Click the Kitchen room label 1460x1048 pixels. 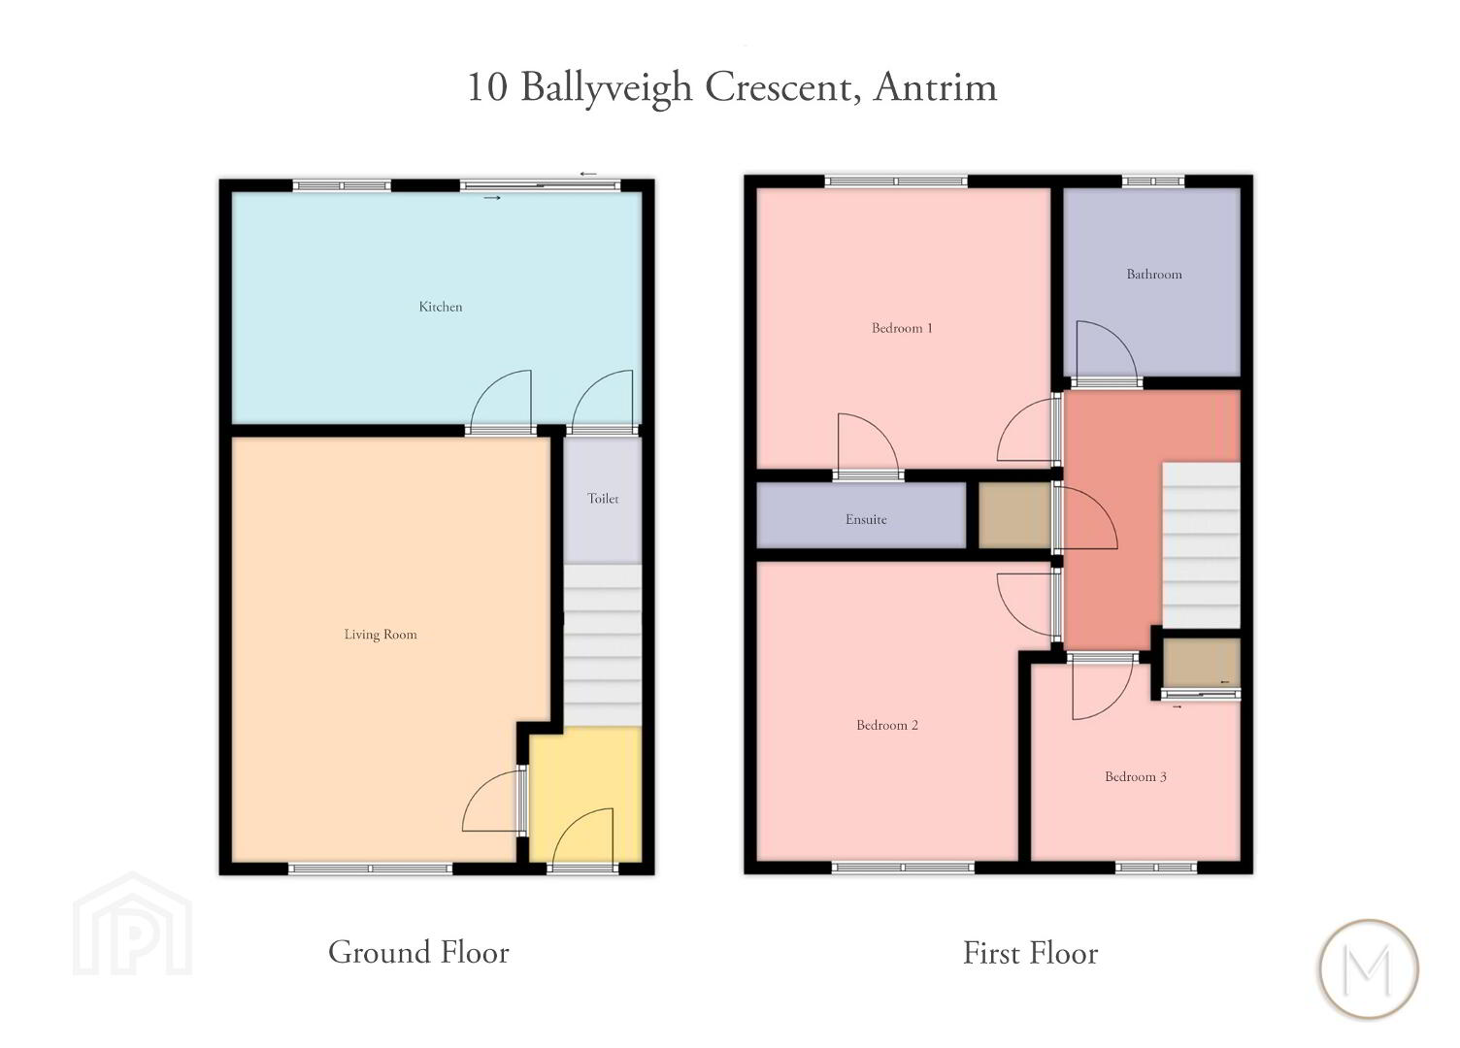(x=441, y=307)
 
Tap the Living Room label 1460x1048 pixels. (x=381, y=635)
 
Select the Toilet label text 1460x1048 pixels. (x=603, y=498)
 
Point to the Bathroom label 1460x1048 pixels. (x=1154, y=275)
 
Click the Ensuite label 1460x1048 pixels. (x=866, y=519)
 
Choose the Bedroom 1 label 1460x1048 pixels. (x=902, y=328)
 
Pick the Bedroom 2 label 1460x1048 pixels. (x=887, y=725)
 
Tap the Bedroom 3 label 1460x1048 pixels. (x=1136, y=776)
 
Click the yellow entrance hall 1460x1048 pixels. (x=585, y=795)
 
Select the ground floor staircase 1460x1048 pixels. (x=602, y=645)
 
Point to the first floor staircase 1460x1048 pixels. (x=1201, y=545)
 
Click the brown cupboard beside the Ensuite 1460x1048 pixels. (x=1014, y=515)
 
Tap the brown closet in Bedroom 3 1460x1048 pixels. (x=1202, y=663)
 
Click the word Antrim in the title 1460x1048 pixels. (x=936, y=87)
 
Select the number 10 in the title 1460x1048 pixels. (x=487, y=87)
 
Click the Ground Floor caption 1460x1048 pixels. (x=418, y=952)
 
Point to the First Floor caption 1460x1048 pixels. (x=1031, y=954)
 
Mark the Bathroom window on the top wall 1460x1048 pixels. (x=1153, y=181)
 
